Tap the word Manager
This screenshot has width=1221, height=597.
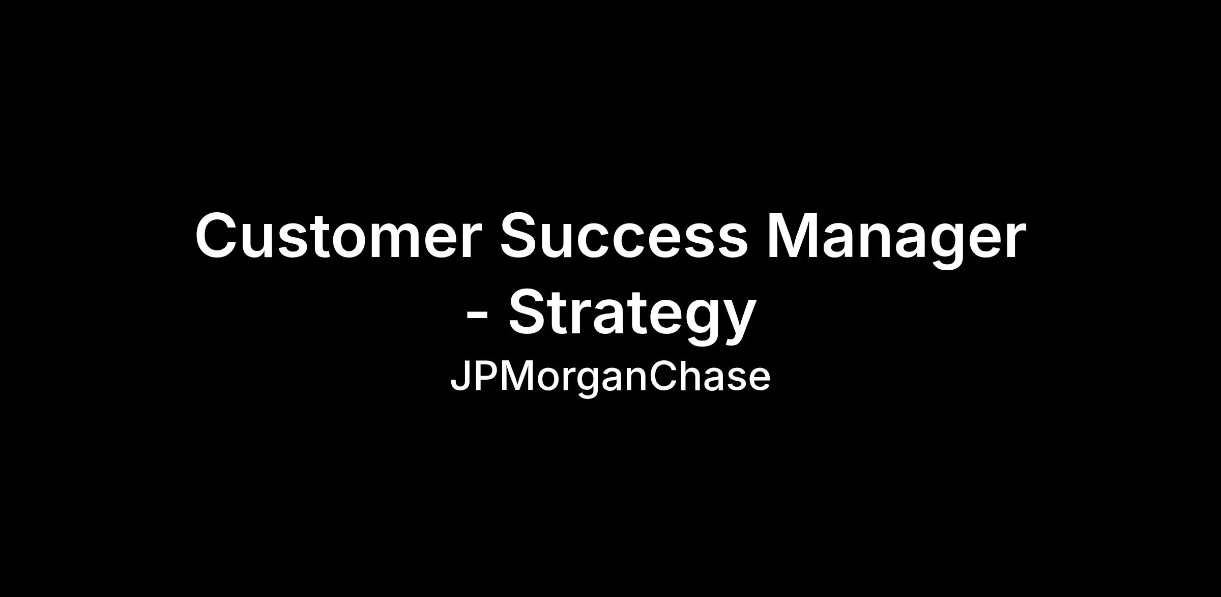point(896,239)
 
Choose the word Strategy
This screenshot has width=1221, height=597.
point(632,316)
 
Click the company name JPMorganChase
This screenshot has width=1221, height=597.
point(610,378)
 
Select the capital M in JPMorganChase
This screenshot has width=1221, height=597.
point(521,376)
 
